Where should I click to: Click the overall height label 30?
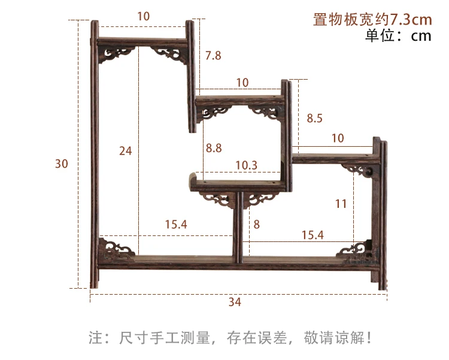[x=61, y=164]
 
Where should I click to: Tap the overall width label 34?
[x=235, y=302]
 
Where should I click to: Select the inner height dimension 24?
[x=125, y=151]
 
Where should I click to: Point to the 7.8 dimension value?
[x=213, y=56]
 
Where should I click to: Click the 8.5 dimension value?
[x=314, y=119]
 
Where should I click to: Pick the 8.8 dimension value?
[x=214, y=147]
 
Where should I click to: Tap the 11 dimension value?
[x=341, y=204]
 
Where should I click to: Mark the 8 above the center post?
[x=257, y=225]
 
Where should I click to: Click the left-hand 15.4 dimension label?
[x=176, y=225]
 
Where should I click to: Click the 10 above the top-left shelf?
[x=143, y=17]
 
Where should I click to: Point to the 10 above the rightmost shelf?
[x=337, y=138]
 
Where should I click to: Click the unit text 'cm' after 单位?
[x=421, y=36]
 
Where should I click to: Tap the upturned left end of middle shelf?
[x=192, y=180]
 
